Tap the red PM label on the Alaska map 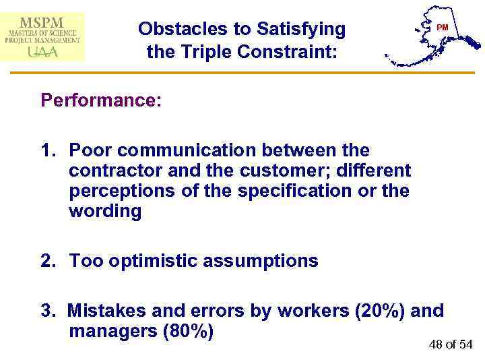(442, 27)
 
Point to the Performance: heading (101, 100)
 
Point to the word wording (105, 212)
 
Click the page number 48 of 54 (451, 345)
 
